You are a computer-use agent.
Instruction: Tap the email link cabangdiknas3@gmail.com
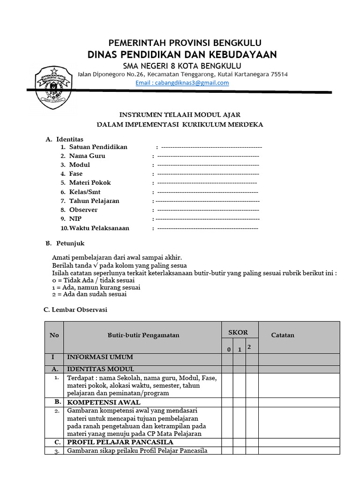(x=182, y=83)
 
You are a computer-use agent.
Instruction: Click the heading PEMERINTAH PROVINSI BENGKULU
(x=182, y=43)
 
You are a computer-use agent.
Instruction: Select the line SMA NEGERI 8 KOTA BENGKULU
(x=182, y=65)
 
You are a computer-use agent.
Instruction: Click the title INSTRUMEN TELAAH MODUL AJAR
(x=180, y=114)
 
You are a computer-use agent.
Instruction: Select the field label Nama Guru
(x=87, y=156)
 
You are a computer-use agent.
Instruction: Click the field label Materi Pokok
(x=90, y=183)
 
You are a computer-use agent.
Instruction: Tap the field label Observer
(x=83, y=210)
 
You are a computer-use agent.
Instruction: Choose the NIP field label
(x=75, y=219)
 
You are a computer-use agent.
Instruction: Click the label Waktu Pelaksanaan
(x=99, y=228)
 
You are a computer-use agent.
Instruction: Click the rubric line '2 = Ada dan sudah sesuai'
(x=89, y=294)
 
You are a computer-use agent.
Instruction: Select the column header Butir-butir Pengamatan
(x=143, y=335)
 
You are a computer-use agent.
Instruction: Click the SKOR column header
(x=238, y=332)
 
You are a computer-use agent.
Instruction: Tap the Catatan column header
(x=283, y=335)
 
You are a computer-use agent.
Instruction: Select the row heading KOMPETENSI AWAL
(x=104, y=402)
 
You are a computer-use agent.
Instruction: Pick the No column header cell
(x=54, y=335)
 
